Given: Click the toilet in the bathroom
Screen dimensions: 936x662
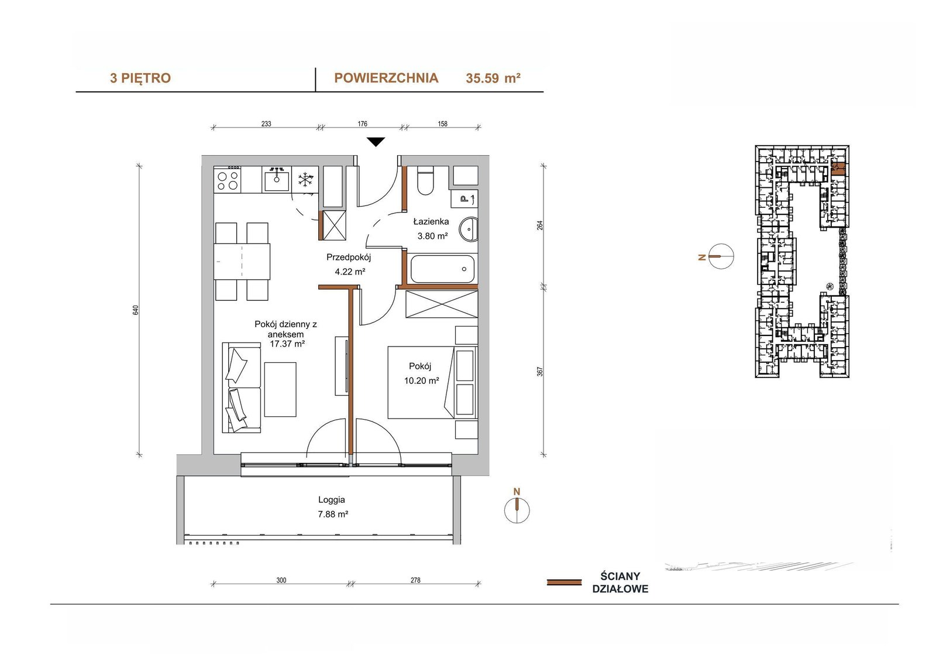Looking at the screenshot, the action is pos(425,180).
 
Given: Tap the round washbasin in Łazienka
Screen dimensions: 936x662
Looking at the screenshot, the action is pos(469,229).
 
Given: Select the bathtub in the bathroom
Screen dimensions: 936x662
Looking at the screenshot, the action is pos(442,269).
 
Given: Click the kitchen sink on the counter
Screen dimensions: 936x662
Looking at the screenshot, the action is pos(276,179).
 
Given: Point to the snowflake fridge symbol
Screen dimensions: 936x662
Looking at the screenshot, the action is pos(305,180).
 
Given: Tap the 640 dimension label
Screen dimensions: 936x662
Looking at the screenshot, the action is pos(135,310).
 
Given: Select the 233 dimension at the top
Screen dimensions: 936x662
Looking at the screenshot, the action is pos(266,124).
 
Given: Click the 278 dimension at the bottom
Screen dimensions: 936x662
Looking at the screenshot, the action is pos(415,580).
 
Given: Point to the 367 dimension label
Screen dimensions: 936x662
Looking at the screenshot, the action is pos(539,371).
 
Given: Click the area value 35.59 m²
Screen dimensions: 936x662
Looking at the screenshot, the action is pos(493,78).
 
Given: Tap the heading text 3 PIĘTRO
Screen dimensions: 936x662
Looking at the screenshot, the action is pos(140,78).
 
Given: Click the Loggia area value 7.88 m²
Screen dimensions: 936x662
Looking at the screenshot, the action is pos(333,514).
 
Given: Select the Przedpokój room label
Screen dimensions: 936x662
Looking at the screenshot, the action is pos(349,257).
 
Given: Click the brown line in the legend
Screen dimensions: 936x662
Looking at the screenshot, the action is pos(564,582).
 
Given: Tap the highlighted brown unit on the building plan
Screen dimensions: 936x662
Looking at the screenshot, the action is pos(838,168).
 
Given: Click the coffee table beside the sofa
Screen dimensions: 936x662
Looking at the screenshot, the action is pos(280,389).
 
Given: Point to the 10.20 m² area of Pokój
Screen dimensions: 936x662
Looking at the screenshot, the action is pos(421,380).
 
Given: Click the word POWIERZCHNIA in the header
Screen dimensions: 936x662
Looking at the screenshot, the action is pos(386,78).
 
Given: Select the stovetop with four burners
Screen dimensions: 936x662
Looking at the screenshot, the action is pos(228,180).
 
